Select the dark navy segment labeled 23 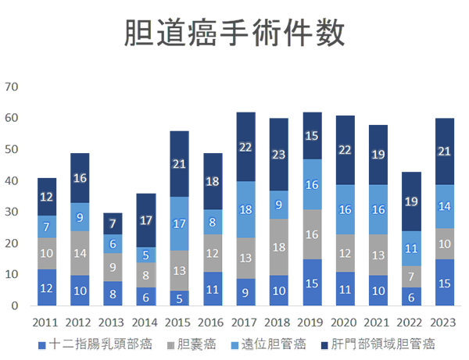click(x=279, y=155)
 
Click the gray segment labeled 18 click(x=279, y=247)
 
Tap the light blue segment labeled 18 click(x=245, y=209)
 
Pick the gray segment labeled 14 click(x=80, y=253)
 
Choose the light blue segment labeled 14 click(x=445, y=207)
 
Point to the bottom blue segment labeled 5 click(x=179, y=298)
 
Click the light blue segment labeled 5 click(x=145, y=255)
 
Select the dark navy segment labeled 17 click(x=145, y=220)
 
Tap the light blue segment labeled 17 click(x=179, y=224)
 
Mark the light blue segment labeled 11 click(x=412, y=248)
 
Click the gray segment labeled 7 click(x=412, y=276)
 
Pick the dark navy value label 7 click(x=113, y=223)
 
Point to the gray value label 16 click(x=312, y=234)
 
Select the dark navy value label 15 click(x=312, y=136)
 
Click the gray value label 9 click(x=113, y=267)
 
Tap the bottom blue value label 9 click(x=245, y=294)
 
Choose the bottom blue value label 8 click(x=113, y=295)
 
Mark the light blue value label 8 click(x=213, y=222)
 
